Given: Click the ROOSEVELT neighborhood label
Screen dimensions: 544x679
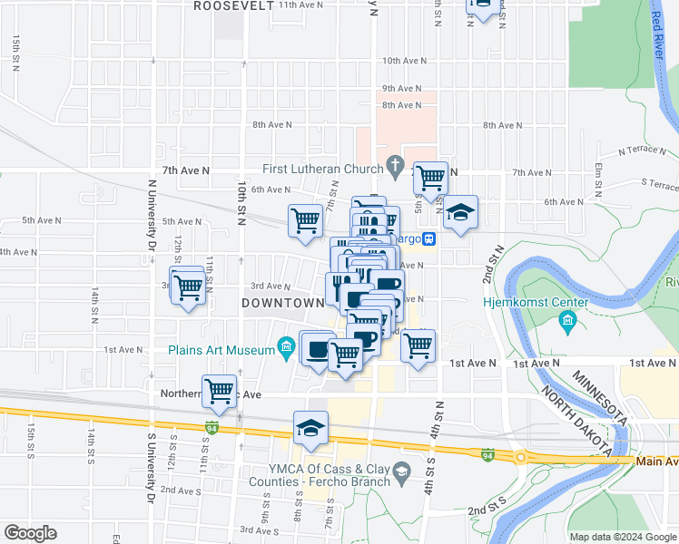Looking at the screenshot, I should pos(233,5).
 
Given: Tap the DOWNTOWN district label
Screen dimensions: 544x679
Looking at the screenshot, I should pos(283,303).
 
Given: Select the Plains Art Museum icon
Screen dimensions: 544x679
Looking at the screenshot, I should pos(287,345).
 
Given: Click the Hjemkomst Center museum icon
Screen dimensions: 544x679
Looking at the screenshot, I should pos(568,318).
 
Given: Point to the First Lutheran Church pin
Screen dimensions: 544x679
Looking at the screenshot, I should pos(393,164).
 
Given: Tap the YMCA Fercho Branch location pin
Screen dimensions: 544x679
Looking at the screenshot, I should pos(406,469).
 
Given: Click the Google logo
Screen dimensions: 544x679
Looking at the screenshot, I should pos(30,533).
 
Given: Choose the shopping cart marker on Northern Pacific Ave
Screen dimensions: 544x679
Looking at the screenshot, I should pos(220,391).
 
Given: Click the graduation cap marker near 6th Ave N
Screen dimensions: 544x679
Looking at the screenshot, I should pos(460,213).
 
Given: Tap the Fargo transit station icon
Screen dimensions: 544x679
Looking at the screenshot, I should pos(429,238).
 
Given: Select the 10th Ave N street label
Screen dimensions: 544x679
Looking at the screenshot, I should pos(402,61).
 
